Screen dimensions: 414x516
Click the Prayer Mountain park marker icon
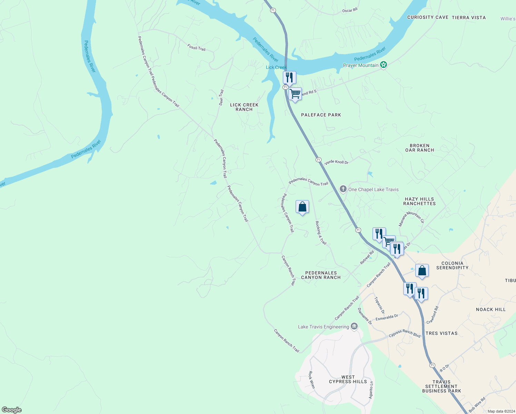[x=384, y=65]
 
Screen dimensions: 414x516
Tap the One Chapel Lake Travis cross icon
[x=343, y=189]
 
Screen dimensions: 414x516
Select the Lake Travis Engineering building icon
[x=354, y=326]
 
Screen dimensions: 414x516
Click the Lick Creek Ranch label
[x=244, y=107]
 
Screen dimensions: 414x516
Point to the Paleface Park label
[x=321, y=115]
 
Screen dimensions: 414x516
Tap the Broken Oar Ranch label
[x=419, y=148]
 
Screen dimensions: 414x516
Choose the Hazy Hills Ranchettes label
[x=419, y=201]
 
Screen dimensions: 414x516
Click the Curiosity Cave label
[x=428, y=17]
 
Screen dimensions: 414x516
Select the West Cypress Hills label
[x=348, y=379]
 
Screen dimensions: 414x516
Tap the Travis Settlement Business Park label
[x=441, y=386]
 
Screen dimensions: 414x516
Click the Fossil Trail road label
[x=196, y=47]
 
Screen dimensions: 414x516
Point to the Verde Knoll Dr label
[x=336, y=162]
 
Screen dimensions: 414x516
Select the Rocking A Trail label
[x=321, y=233]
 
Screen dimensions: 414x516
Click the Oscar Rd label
[x=349, y=11]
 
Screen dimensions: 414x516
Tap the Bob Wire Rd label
[x=477, y=405]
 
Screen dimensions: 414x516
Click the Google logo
[x=12, y=410]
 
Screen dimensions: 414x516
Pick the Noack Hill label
[x=490, y=309]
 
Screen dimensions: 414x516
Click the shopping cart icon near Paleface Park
[x=295, y=94]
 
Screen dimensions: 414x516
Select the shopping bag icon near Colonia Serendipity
[x=422, y=270]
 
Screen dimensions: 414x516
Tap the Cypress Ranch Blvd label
[x=405, y=333]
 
